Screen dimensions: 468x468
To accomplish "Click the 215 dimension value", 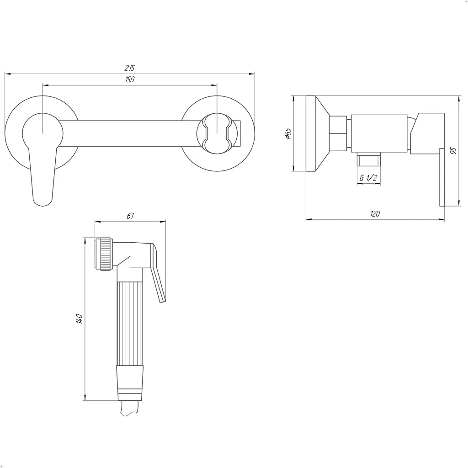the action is (x=129, y=68).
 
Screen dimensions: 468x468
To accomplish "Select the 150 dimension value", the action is (x=129, y=80).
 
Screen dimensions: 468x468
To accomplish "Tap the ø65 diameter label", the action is (x=288, y=133).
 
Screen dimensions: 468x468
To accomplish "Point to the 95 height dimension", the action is (x=453, y=151).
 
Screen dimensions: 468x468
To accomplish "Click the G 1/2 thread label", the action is (x=368, y=178).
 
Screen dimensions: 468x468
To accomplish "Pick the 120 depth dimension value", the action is (x=375, y=214).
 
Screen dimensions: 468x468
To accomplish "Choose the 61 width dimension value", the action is (x=130, y=216).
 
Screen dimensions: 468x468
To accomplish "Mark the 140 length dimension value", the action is (x=80, y=319).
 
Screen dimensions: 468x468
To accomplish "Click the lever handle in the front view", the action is (x=43, y=175).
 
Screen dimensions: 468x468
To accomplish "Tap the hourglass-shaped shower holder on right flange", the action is (x=217, y=133).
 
